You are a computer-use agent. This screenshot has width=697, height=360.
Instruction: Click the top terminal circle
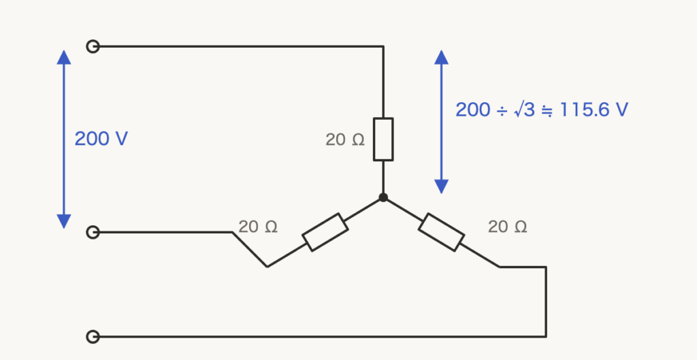coord(93,46)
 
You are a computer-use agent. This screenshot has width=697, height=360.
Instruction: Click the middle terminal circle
coord(93,232)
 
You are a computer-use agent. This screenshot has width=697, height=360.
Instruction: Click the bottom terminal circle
coord(93,337)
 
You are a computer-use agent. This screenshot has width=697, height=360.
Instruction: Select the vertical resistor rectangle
coord(383,139)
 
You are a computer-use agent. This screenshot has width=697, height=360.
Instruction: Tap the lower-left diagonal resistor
coord(325,232)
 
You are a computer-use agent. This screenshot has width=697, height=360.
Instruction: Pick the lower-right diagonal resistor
coord(441,232)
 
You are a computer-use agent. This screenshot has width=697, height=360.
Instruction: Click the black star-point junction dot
coord(383,198)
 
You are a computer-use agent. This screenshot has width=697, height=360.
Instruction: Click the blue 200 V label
coord(101,139)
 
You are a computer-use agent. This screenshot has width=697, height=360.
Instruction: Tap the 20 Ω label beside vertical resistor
coord(345,140)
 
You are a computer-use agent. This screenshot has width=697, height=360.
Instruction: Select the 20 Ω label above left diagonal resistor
coord(258,227)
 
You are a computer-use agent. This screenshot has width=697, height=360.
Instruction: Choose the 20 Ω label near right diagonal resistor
coord(508,227)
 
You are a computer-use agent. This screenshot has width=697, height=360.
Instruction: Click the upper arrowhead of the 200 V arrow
coord(64,57)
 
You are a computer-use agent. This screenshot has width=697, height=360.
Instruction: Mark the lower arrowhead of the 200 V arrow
coord(64,222)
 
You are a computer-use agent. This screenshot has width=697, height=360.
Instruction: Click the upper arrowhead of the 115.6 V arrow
coord(441,57)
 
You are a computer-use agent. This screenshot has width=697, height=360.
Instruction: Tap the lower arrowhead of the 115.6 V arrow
coord(441,187)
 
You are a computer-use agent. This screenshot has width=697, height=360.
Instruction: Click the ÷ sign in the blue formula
coord(502,111)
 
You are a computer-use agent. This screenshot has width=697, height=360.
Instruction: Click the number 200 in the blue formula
coord(474,110)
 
